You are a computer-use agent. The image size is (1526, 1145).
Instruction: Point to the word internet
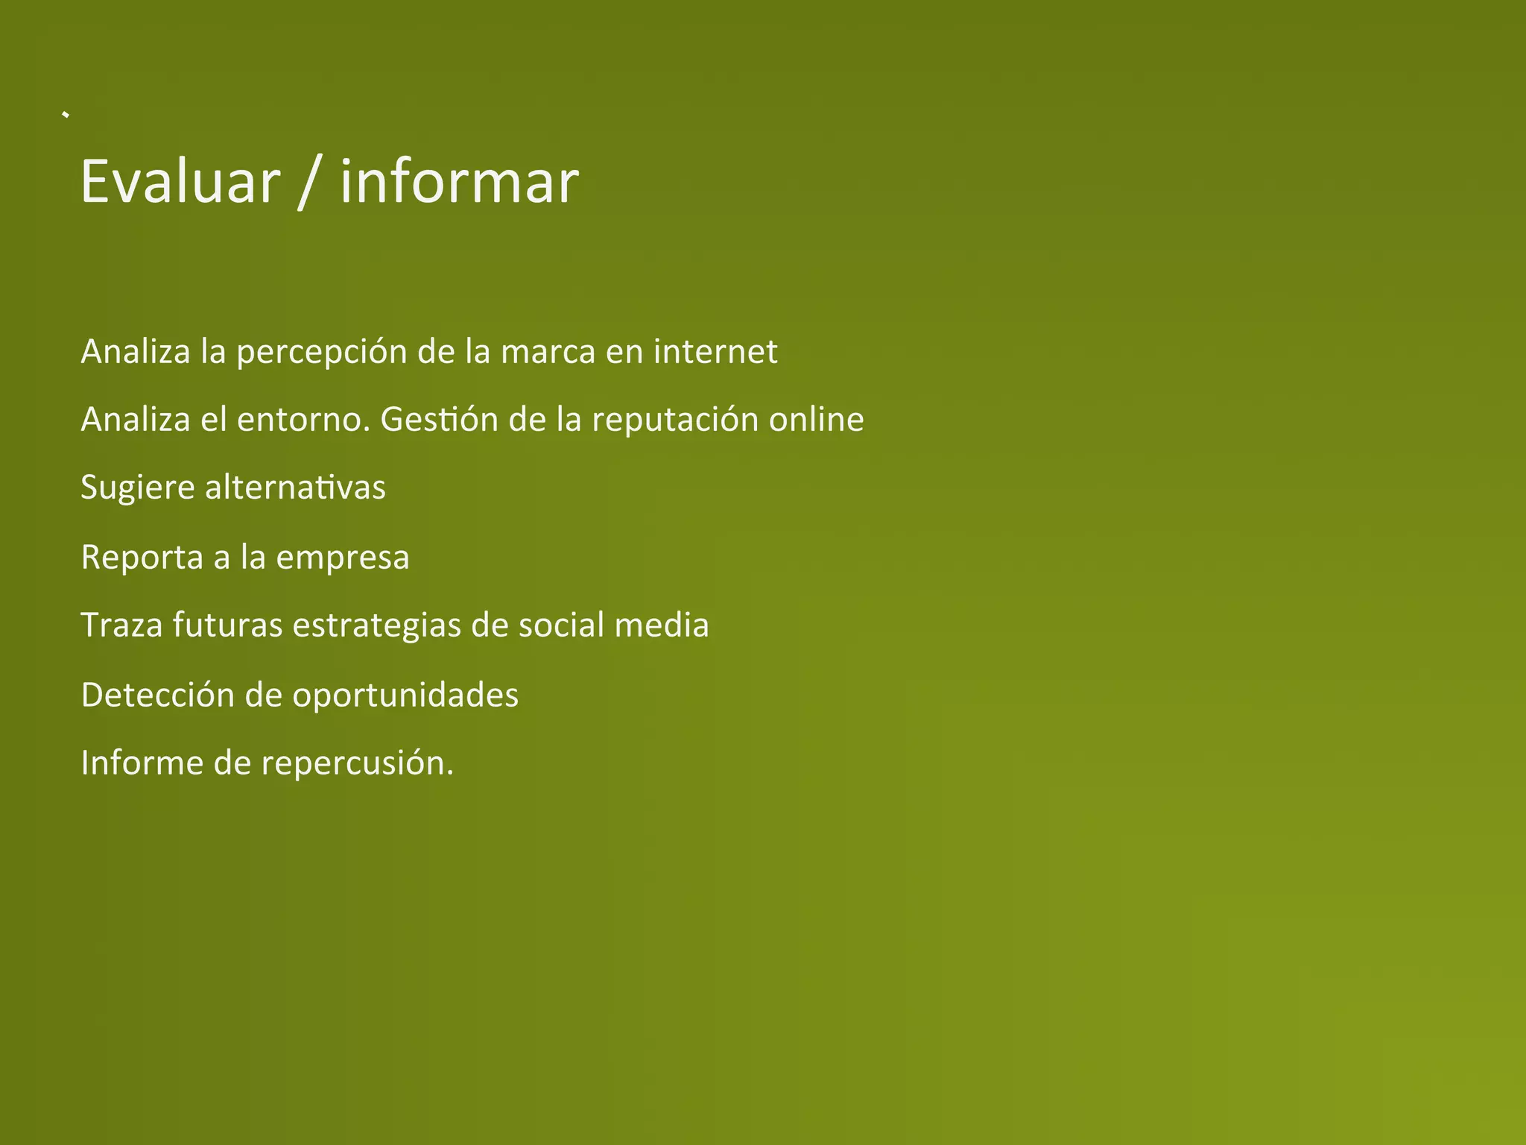coord(715,351)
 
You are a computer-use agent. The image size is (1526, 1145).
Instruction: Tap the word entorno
coord(303,420)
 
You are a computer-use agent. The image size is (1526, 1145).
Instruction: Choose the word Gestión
coord(439,420)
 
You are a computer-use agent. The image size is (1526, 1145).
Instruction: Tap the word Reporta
coord(142,558)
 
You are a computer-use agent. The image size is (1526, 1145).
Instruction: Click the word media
coord(661,625)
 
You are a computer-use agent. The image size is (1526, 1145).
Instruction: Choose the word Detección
coord(158,695)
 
